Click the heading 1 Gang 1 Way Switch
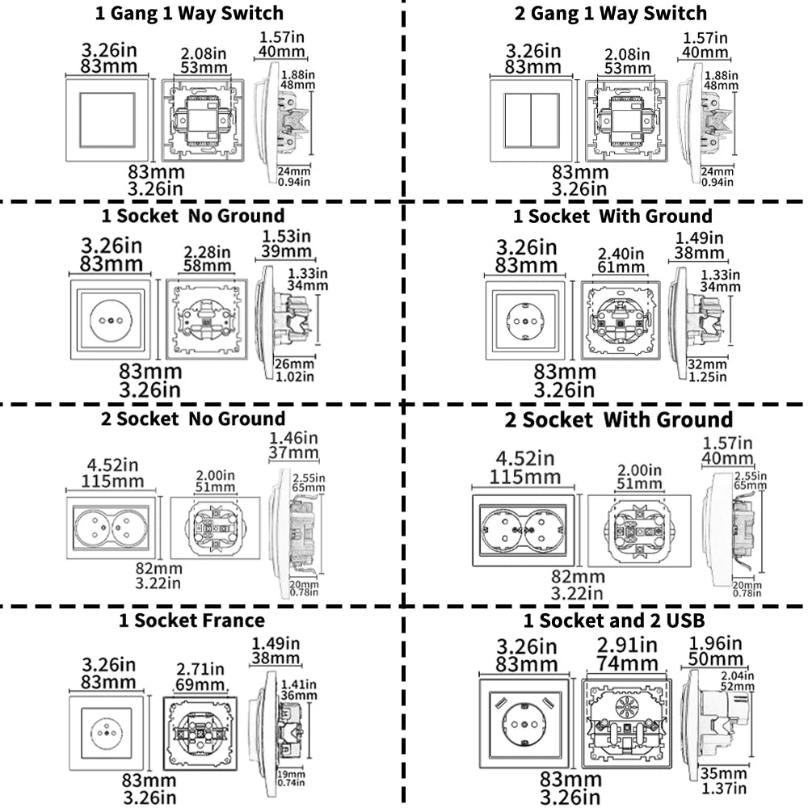[190, 13]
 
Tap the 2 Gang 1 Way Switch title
[610, 13]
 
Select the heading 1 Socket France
[191, 621]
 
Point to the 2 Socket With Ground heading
[619, 419]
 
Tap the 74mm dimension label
[627, 664]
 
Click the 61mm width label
[621, 267]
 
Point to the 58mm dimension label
[205, 266]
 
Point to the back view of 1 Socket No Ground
[205, 319]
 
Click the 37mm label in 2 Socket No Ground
[293, 452]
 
